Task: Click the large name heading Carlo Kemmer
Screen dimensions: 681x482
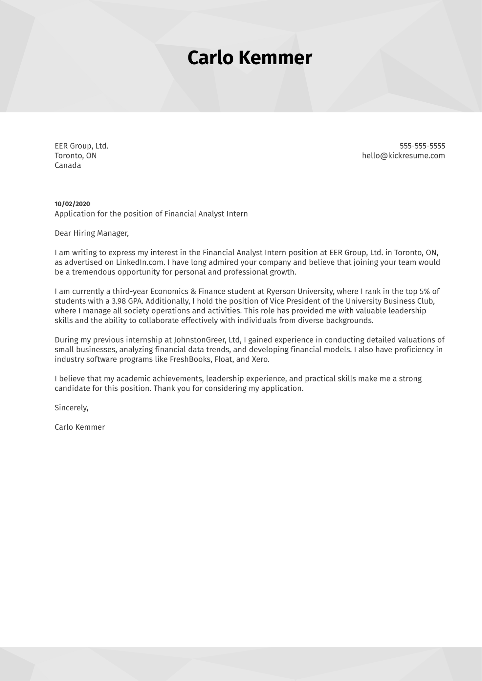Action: pyautogui.click(x=250, y=58)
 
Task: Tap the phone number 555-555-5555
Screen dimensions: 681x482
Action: pyautogui.click(x=422, y=146)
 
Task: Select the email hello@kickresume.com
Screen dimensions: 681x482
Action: pyautogui.click(x=404, y=155)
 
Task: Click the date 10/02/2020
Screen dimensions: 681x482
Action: pyautogui.click(x=72, y=204)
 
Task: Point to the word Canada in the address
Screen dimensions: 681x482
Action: pyautogui.click(x=68, y=165)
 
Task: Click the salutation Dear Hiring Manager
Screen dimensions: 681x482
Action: pyautogui.click(x=91, y=233)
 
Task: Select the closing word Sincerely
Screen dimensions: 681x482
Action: pyautogui.click(x=71, y=408)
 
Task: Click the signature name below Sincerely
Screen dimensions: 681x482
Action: pyautogui.click(x=80, y=427)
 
